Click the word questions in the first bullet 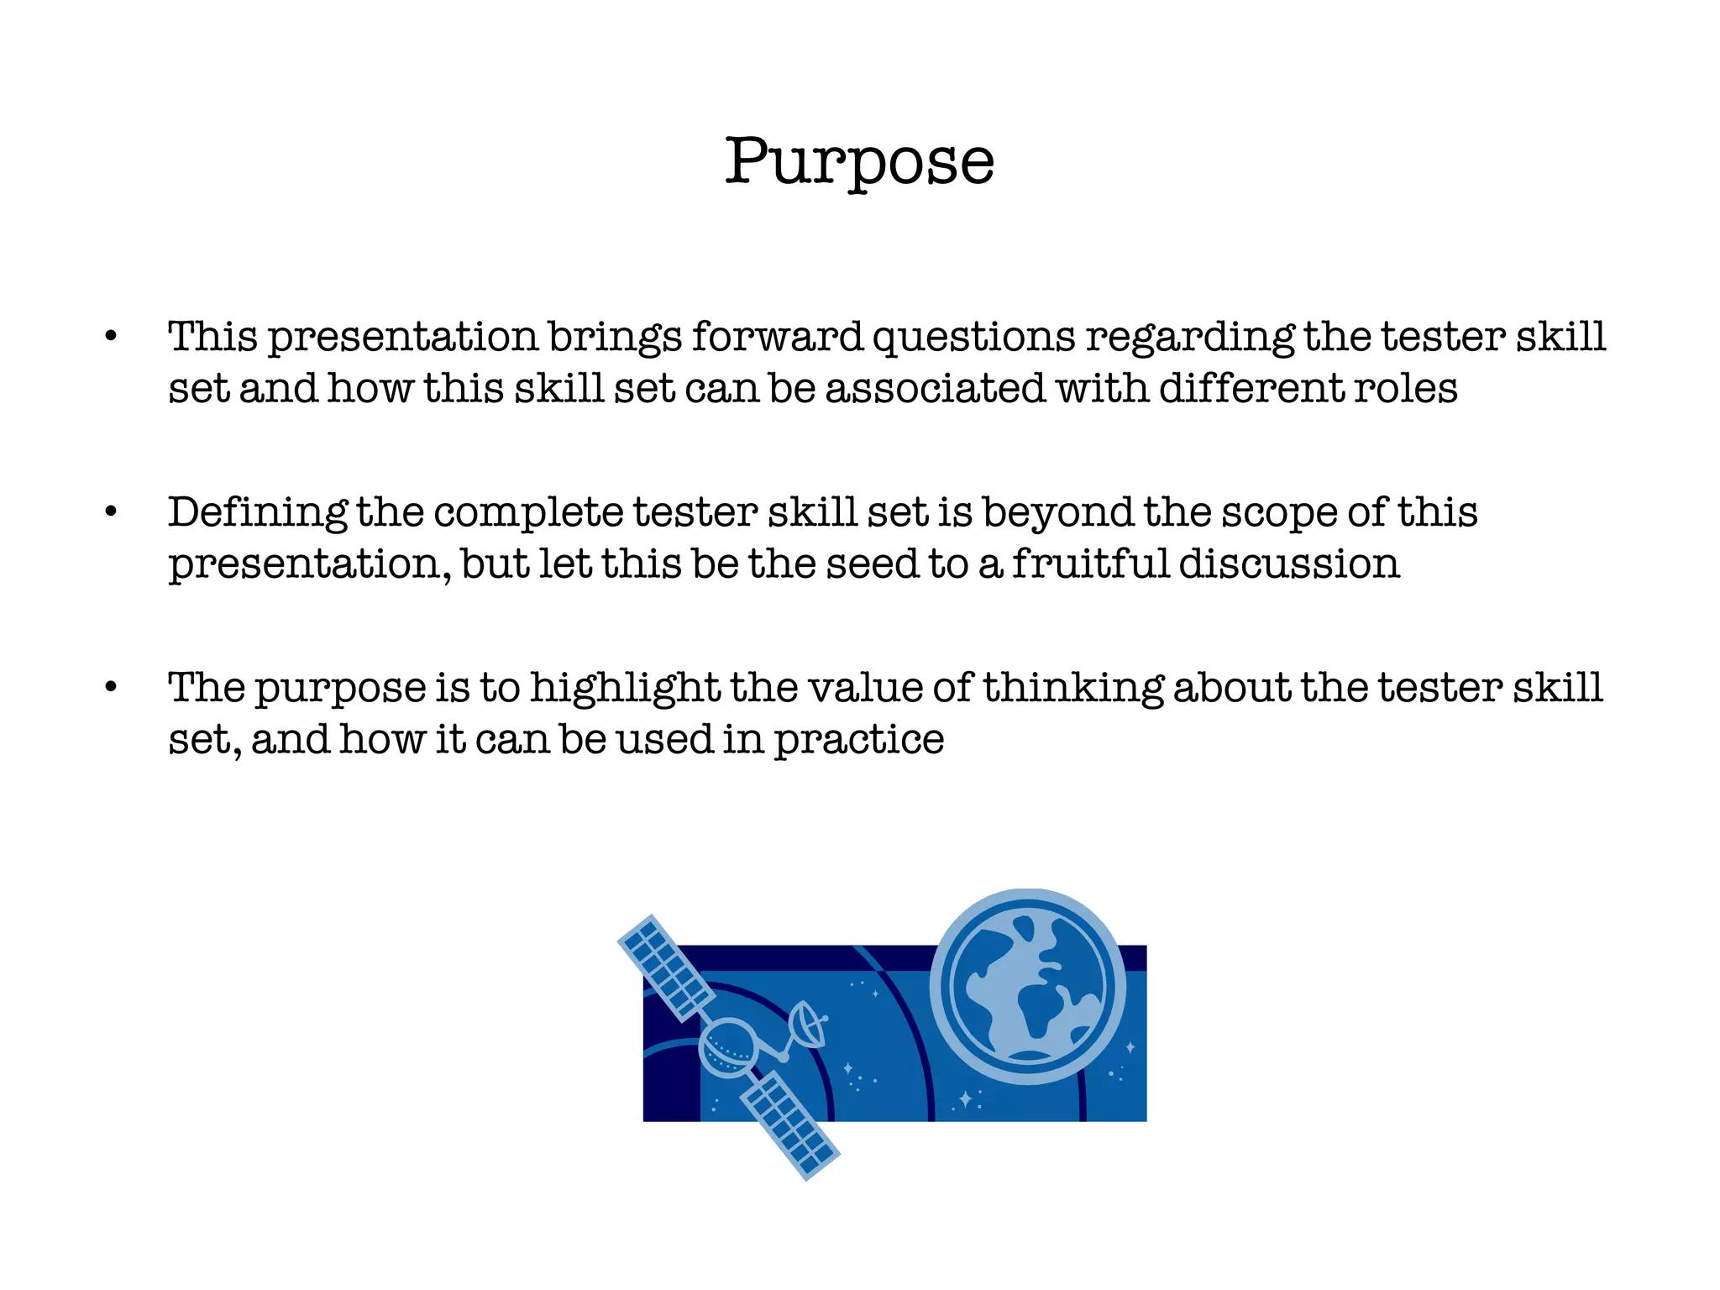tap(973, 338)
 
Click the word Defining tap(257, 512)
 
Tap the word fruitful tap(1089, 563)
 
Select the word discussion tap(1289, 563)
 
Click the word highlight tap(625, 688)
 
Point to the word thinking tap(1072, 688)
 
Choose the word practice tap(858, 740)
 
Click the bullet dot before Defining tap(111, 511)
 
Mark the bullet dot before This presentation tap(111, 337)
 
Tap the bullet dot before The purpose tap(111, 687)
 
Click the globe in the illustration tap(1028, 986)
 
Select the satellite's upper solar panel tap(665, 967)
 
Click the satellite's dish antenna tap(808, 1025)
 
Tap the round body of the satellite tap(727, 1047)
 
